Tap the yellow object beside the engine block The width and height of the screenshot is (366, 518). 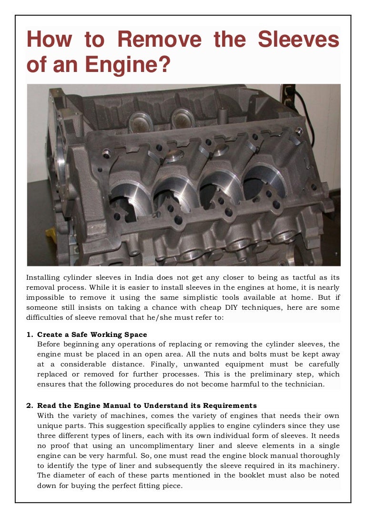[x=51, y=235]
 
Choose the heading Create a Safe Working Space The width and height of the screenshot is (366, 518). [x=92, y=335]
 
